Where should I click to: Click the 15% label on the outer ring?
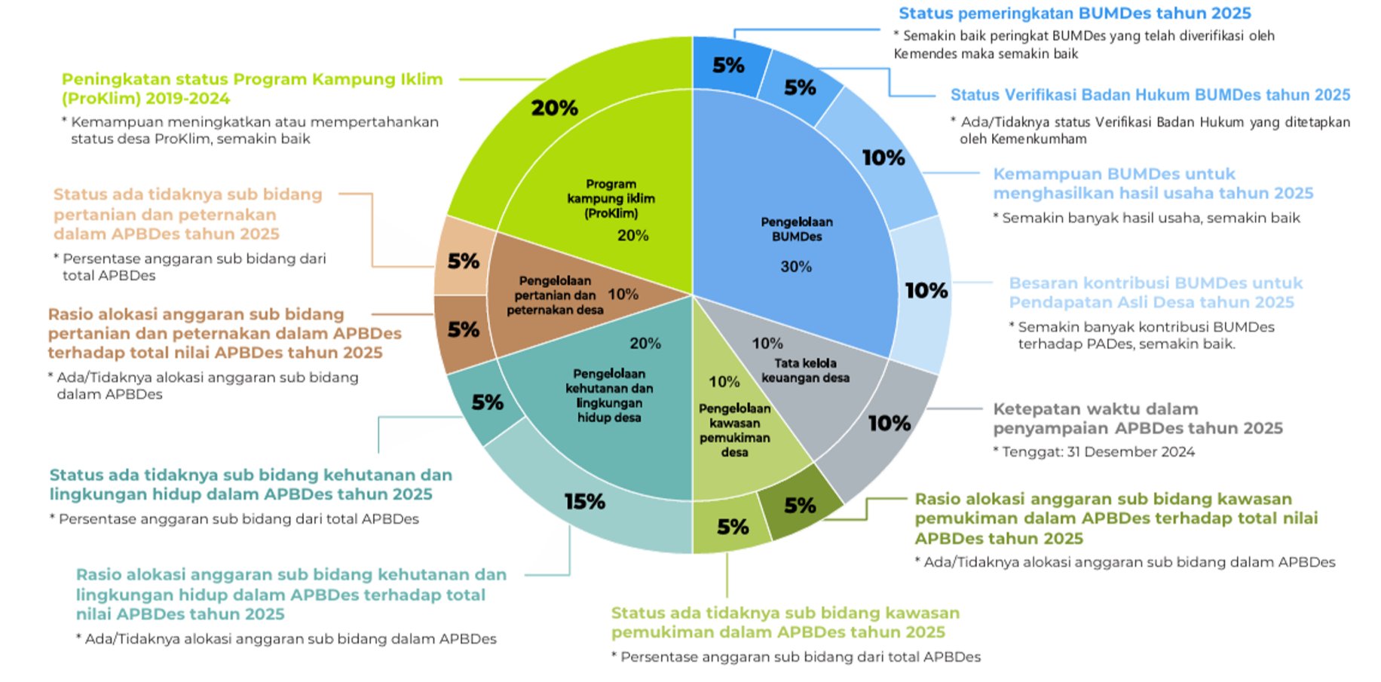585,501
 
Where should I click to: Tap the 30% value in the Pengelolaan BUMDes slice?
796,267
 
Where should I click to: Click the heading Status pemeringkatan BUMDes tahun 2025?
1074,13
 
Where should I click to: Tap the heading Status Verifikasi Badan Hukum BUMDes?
1150,95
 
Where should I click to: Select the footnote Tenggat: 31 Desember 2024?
1094,451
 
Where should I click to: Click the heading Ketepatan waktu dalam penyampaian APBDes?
1138,418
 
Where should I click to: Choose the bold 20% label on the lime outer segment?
554,108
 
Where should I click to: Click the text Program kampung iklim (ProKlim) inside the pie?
611,198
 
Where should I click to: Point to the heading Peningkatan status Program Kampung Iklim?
252,88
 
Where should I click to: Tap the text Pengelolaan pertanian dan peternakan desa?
555,295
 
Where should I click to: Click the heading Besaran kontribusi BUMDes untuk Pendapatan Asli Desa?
1156,292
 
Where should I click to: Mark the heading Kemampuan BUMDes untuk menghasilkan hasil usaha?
1153,183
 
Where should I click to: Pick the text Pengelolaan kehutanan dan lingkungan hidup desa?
609,396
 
